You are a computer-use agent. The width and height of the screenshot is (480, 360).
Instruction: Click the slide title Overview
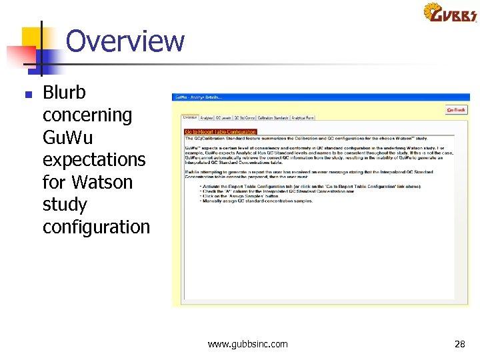[x=125, y=41]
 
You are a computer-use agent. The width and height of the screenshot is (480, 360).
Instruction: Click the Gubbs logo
[x=450, y=13]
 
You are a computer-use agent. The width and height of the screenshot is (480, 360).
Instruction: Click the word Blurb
[x=64, y=92]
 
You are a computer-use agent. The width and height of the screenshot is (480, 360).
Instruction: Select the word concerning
[x=87, y=115]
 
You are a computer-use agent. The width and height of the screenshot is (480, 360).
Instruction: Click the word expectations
[x=94, y=160]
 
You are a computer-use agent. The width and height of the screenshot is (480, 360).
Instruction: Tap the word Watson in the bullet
[x=102, y=182]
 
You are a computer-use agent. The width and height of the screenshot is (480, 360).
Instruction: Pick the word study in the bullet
[x=65, y=205]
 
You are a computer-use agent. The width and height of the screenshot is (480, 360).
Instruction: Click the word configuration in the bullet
[x=96, y=227]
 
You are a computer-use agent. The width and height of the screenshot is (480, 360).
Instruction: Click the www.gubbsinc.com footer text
[x=248, y=344]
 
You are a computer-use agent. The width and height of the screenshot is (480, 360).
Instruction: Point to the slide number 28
[x=459, y=344]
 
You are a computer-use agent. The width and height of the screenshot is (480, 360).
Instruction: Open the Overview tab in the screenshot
[x=190, y=118]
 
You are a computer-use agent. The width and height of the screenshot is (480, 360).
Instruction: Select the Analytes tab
[x=207, y=118]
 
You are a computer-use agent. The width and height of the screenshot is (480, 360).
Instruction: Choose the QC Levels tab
[x=222, y=118]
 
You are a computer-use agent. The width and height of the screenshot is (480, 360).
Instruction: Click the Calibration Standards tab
[x=273, y=118]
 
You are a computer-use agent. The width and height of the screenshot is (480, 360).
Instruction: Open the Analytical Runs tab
[x=302, y=118]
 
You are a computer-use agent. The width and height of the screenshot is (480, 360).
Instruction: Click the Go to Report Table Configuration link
[x=220, y=132]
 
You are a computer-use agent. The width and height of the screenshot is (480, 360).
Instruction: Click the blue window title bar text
[x=199, y=97]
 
